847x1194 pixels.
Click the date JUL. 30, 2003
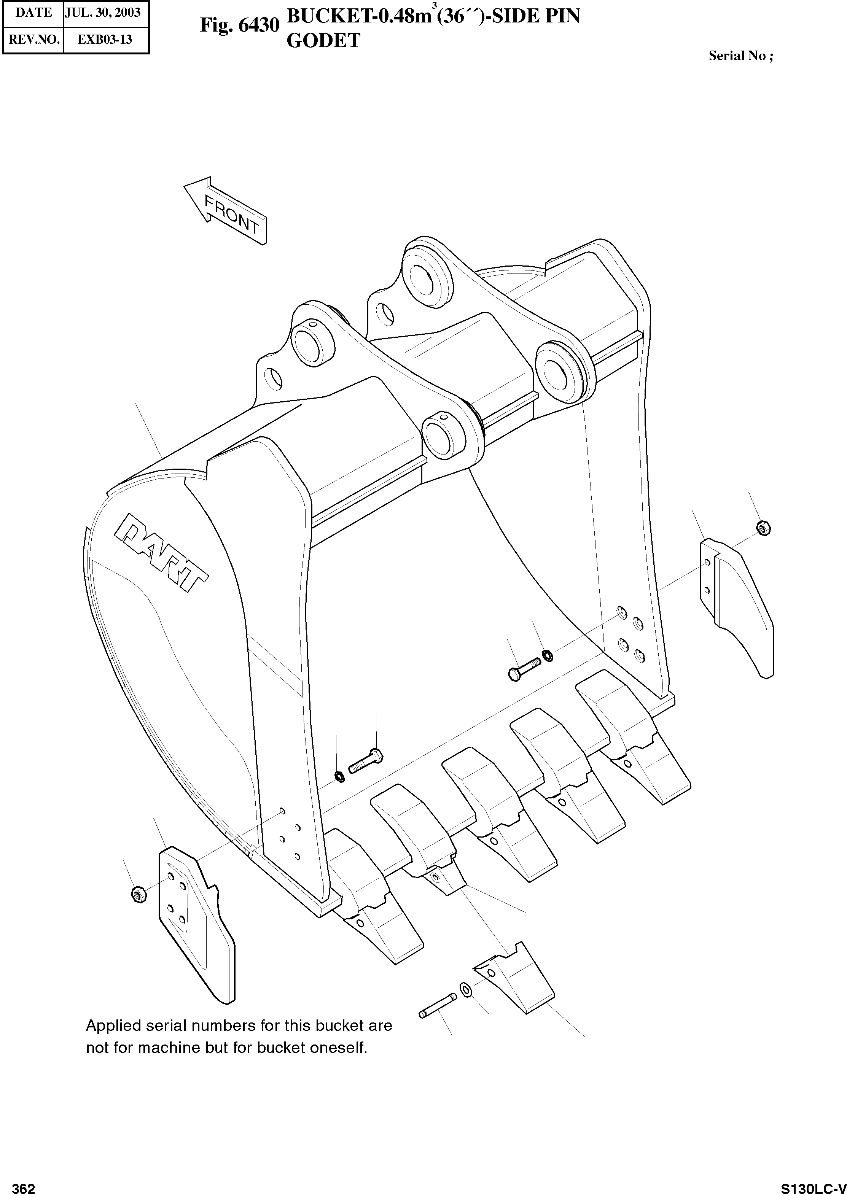click(x=102, y=13)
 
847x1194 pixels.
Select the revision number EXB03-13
click(x=105, y=40)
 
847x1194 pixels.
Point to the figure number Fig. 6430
click(x=239, y=24)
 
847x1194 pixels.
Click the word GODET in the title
click(x=323, y=41)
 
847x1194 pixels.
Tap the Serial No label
click(x=740, y=56)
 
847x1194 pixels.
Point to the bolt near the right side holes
click(x=524, y=669)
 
